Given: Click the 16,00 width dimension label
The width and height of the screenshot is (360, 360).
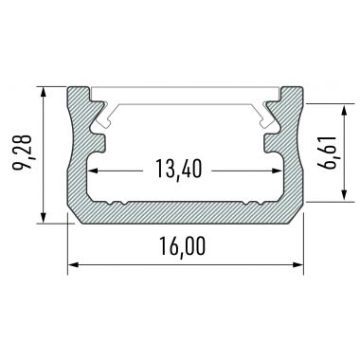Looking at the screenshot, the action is (183, 246).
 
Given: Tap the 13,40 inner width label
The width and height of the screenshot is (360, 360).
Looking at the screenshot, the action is (178, 170).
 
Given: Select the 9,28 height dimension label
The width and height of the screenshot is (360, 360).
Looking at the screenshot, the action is (22, 153).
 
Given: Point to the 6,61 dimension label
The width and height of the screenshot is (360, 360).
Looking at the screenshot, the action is (326, 153).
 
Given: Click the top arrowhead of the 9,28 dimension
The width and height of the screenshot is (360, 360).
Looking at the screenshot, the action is (44, 93).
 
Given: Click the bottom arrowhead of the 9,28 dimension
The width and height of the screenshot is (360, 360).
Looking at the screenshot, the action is (44, 218).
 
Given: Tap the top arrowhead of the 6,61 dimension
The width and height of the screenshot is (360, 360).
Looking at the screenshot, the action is (345, 110).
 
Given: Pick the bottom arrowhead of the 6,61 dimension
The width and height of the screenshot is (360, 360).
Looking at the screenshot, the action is (345, 195).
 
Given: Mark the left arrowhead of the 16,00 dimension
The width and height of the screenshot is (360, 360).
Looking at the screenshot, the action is (74, 264).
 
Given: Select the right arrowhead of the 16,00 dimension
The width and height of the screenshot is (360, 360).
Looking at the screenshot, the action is (297, 264).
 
